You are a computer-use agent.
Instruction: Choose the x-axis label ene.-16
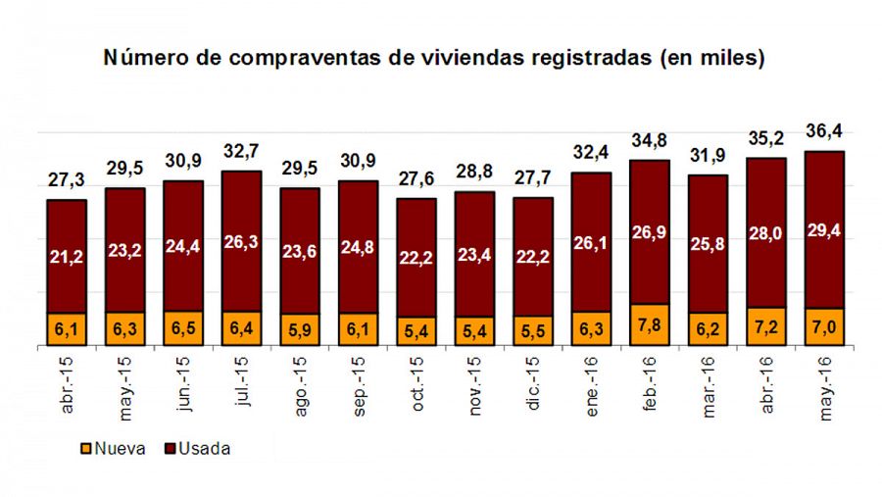click(x=592, y=387)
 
